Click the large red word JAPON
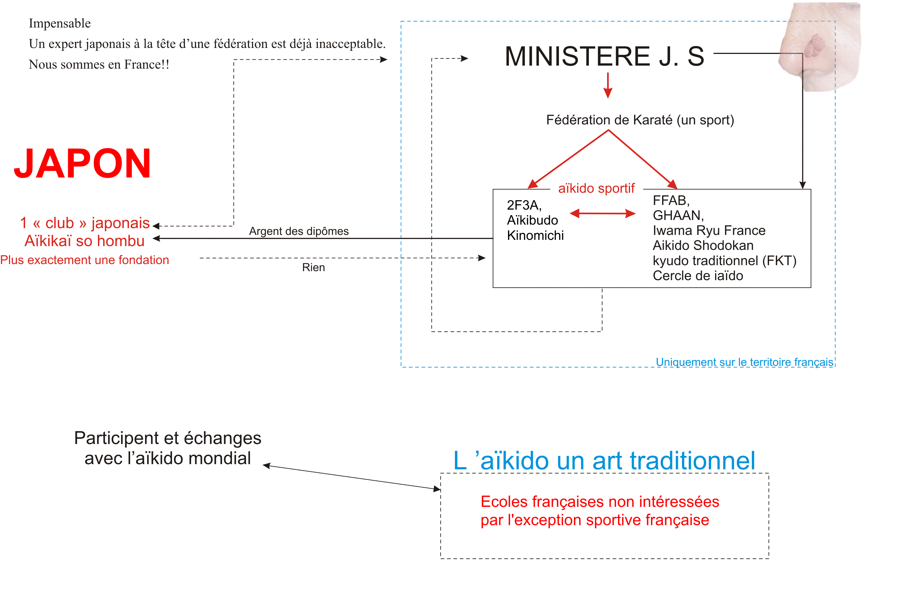82,163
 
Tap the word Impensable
60,24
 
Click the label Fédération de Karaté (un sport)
640,120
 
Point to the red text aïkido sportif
596,188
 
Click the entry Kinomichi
535,235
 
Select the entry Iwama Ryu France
709,231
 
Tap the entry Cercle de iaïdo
698,276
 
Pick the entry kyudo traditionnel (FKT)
724,261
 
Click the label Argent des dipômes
299,231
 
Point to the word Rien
313,267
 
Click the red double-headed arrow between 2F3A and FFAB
602,213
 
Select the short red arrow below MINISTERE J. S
608,85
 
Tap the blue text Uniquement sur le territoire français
745,362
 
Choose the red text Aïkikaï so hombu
84,241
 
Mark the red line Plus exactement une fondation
84,260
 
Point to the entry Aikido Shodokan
703,246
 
